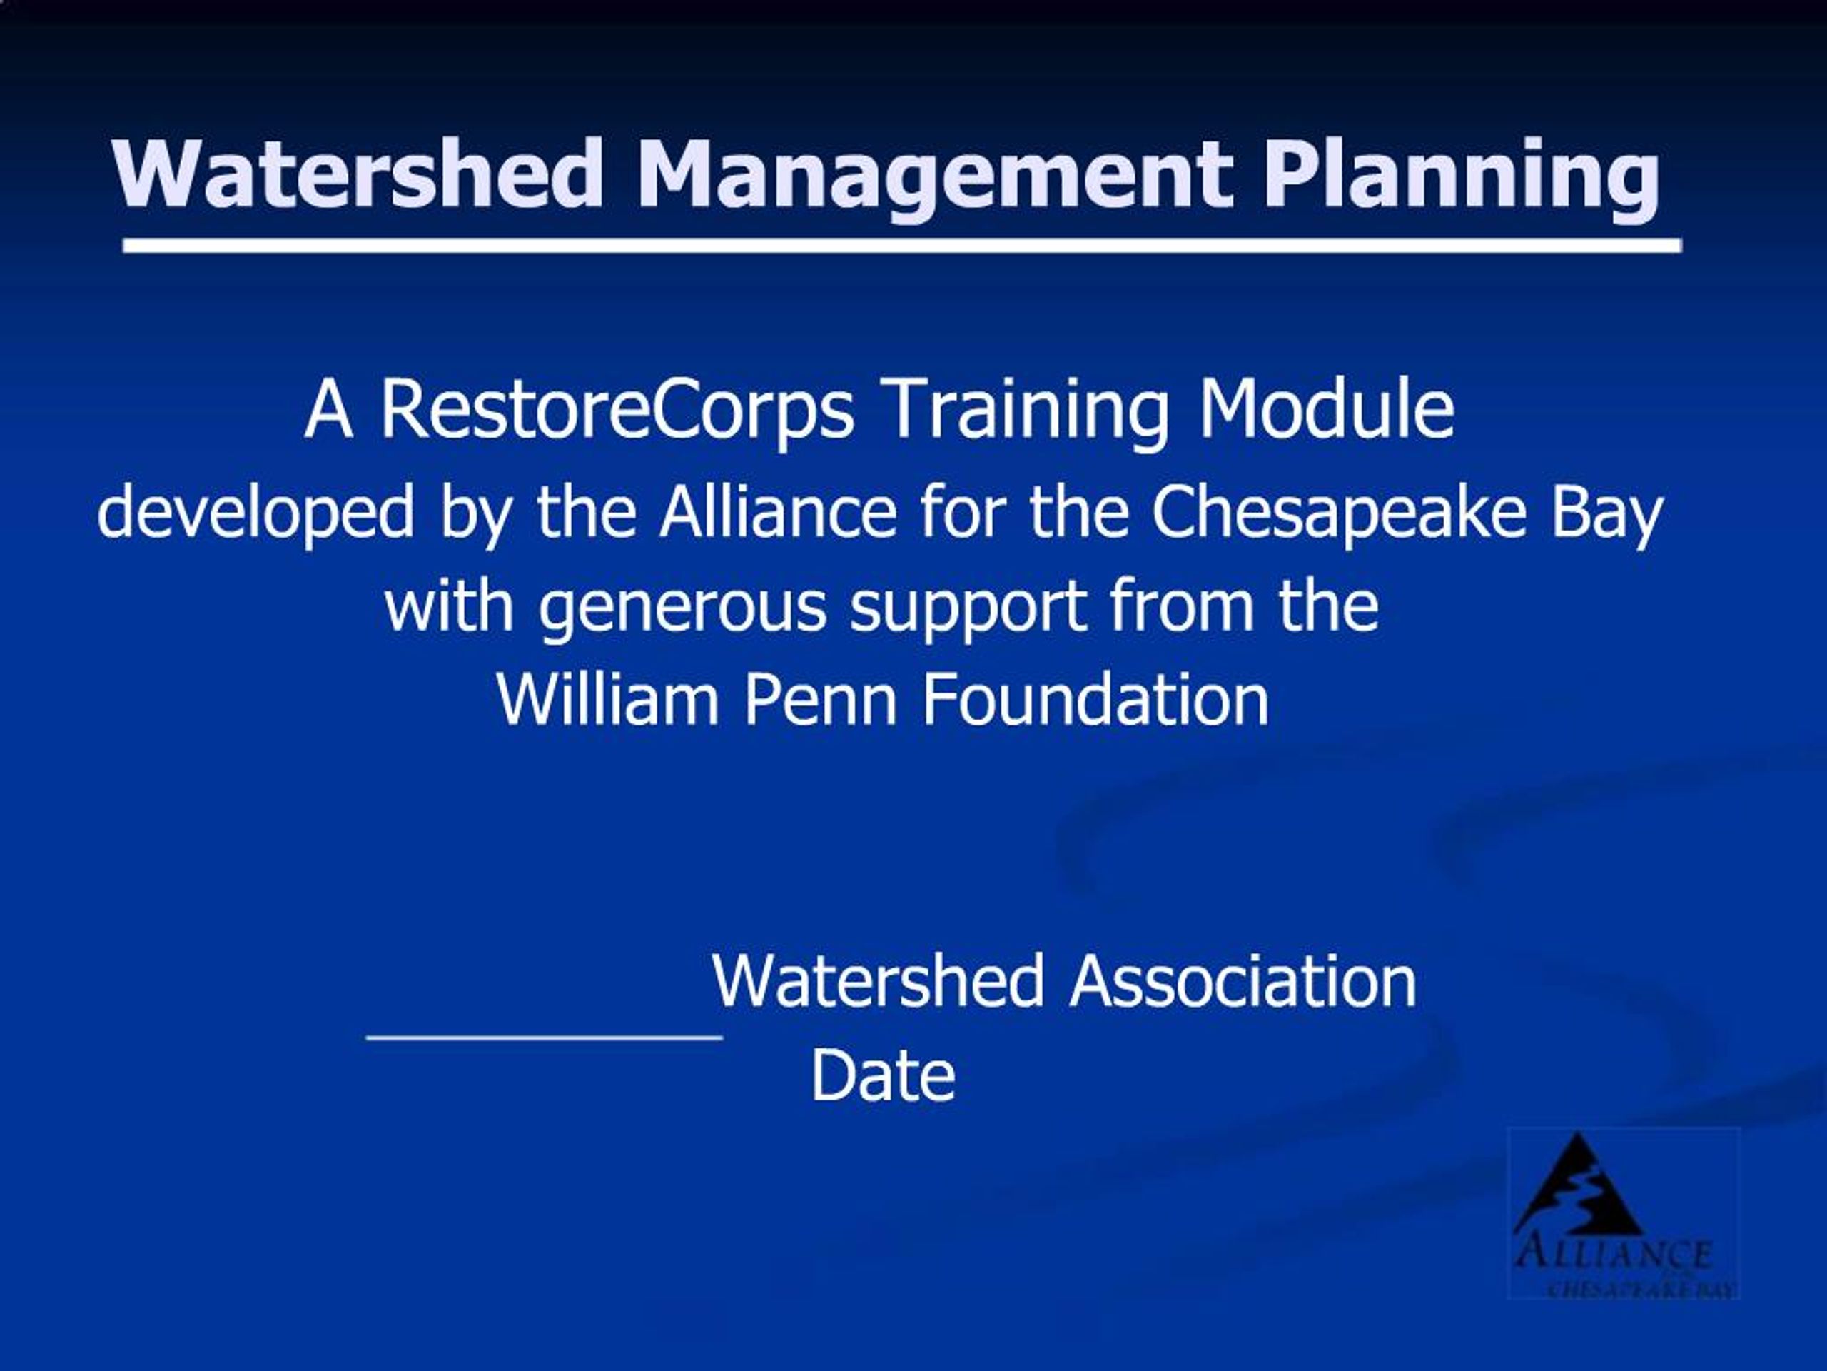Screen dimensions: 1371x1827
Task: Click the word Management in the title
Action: (934, 175)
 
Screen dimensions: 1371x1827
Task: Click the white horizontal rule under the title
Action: (902, 246)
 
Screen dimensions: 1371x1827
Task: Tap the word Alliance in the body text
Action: (777, 513)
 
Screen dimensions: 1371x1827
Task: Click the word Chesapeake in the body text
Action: (1339, 513)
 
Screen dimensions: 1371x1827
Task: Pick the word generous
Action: (682, 608)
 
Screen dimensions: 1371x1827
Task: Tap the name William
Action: (608, 700)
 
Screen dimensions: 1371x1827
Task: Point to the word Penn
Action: (820, 700)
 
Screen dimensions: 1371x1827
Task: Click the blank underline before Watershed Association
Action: (545, 1035)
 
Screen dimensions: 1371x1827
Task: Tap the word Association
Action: (1243, 982)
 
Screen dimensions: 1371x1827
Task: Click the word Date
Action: (883, 1076)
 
